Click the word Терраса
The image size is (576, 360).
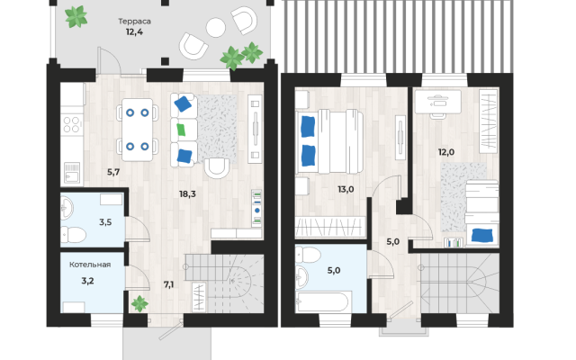coord(134,22)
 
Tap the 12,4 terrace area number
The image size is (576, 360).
coord(134,32)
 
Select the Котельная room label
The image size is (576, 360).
coord(90,265)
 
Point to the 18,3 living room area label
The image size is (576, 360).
coord(187,194)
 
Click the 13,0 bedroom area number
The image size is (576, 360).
coord(346,189)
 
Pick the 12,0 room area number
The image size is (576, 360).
coord(446,152)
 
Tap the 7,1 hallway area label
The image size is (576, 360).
coord(168,284)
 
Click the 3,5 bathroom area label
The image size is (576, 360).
coord(105,222)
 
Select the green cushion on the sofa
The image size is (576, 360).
coord(181,130)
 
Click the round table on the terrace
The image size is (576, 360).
coord(216,28)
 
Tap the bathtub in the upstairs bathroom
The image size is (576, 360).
coord(323,301)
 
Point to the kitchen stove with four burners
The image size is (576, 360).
coord(72,124)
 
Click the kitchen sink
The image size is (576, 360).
coord(72,172)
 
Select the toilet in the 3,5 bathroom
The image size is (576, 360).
coord(74,235)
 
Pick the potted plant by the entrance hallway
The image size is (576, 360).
coord(139,303)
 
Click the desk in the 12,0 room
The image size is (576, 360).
coord(438,102)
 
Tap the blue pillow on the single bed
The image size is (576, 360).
coord(482,235)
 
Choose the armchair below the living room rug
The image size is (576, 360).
coord(217,168)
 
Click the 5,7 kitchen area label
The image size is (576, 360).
coord(113,172)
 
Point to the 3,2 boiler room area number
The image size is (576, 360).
coord(87,281)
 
